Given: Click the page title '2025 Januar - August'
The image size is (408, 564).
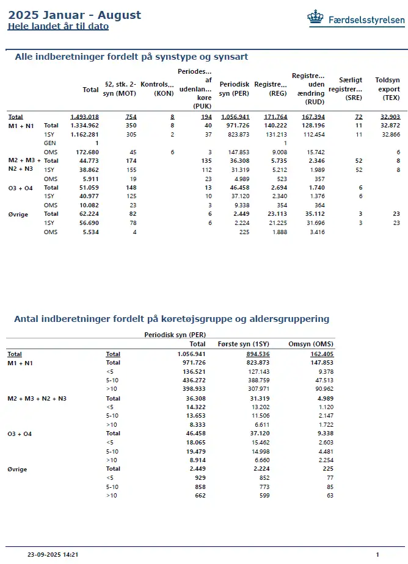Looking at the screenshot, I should [74, 15].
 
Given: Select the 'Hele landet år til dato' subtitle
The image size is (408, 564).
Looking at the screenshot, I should [58, 26].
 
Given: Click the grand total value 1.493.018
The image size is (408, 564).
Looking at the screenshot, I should [84, 116].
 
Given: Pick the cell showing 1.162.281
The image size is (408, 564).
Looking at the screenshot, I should [84, 134].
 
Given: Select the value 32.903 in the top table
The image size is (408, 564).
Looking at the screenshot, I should [389, 116].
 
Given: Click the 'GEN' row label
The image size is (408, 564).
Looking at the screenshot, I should [49, 143].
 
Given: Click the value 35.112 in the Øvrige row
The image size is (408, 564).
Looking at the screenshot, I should [313, 214].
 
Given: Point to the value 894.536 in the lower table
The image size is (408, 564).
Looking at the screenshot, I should [257, 354].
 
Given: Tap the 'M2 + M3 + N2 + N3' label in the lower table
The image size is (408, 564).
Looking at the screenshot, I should [37, 398].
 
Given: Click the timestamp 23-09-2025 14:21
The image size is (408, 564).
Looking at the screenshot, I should [53, 555].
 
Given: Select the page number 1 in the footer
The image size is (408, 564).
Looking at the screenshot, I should [377, 555].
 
